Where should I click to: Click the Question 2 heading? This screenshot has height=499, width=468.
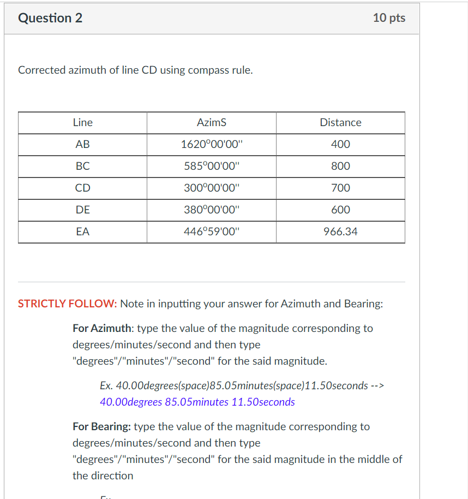coord(50,18)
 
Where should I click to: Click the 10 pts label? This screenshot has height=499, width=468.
coord(389,18)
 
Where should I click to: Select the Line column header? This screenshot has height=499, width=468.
coord(82,123)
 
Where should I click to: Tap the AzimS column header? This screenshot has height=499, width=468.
coord(211,123)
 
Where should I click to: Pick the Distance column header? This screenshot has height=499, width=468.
coord(340,123)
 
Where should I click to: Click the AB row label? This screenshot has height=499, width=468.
coord(82,145)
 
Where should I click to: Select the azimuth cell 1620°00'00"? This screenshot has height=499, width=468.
coord(211,145)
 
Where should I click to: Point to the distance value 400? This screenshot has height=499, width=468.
coord(340,145)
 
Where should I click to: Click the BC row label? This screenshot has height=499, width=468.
coord(82,167)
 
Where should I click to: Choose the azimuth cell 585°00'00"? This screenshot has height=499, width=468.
coord(211,167)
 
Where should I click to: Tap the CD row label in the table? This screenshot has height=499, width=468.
coord(82,188)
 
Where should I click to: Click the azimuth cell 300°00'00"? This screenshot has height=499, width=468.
coord(211,188)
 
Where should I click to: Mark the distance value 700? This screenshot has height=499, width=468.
coord(340,188)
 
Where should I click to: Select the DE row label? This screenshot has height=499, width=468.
coord(82,210)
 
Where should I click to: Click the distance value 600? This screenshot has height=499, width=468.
coord(340,210)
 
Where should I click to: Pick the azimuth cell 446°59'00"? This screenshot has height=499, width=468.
coord(211,232)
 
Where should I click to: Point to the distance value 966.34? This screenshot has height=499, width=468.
coord(340,232)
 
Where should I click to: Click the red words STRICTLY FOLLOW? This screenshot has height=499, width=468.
coord(67,304)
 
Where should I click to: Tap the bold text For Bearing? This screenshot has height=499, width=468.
coord(101,426)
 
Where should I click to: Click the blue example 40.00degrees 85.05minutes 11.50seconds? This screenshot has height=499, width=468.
coord(197,402)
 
